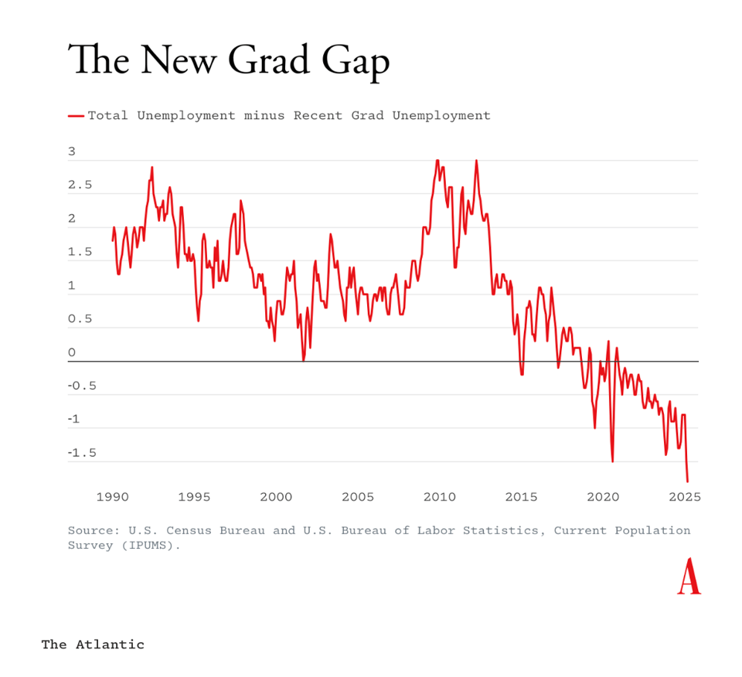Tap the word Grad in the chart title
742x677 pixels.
273,60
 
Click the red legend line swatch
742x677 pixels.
76,116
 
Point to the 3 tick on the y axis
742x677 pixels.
72,152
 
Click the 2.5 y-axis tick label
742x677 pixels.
80,185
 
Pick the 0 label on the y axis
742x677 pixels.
72,353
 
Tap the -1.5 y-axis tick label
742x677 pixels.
83,453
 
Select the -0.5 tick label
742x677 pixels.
83,386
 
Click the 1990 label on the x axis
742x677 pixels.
113,497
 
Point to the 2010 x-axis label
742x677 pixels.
439,497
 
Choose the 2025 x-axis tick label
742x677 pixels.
683,497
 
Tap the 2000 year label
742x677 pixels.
276,497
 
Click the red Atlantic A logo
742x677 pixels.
689,577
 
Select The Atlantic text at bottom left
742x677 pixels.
93,645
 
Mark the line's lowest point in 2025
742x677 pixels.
687,481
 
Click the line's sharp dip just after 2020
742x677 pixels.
612,461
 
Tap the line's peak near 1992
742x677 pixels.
152,167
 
